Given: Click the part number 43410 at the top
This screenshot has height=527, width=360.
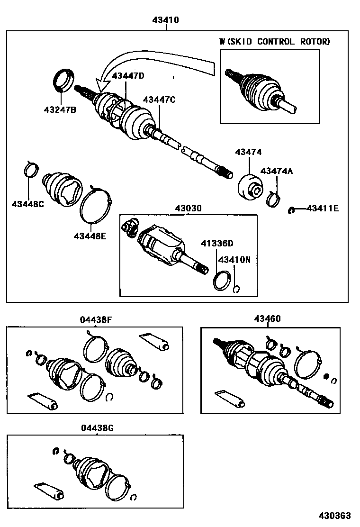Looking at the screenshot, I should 165,20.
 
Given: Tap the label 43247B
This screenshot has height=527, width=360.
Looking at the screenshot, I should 60,110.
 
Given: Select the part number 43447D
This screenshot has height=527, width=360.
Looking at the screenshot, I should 127,76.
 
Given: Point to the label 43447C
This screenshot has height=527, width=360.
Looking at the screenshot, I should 159,100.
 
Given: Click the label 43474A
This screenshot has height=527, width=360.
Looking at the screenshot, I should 276,171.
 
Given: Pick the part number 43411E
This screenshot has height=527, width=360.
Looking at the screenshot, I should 323,208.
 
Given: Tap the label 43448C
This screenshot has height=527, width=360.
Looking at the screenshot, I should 28,204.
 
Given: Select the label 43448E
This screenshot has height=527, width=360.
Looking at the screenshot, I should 90,235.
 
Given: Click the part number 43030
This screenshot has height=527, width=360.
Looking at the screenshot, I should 188,208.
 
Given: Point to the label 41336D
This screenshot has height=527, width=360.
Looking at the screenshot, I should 217,244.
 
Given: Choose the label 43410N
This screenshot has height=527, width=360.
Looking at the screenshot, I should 234,260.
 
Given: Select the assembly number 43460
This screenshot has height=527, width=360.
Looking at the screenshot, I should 267,319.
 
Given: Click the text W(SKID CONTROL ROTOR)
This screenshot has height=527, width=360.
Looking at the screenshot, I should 274,42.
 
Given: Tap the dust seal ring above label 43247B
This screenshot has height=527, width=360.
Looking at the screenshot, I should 63,79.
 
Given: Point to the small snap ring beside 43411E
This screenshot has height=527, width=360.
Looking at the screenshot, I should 292,210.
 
